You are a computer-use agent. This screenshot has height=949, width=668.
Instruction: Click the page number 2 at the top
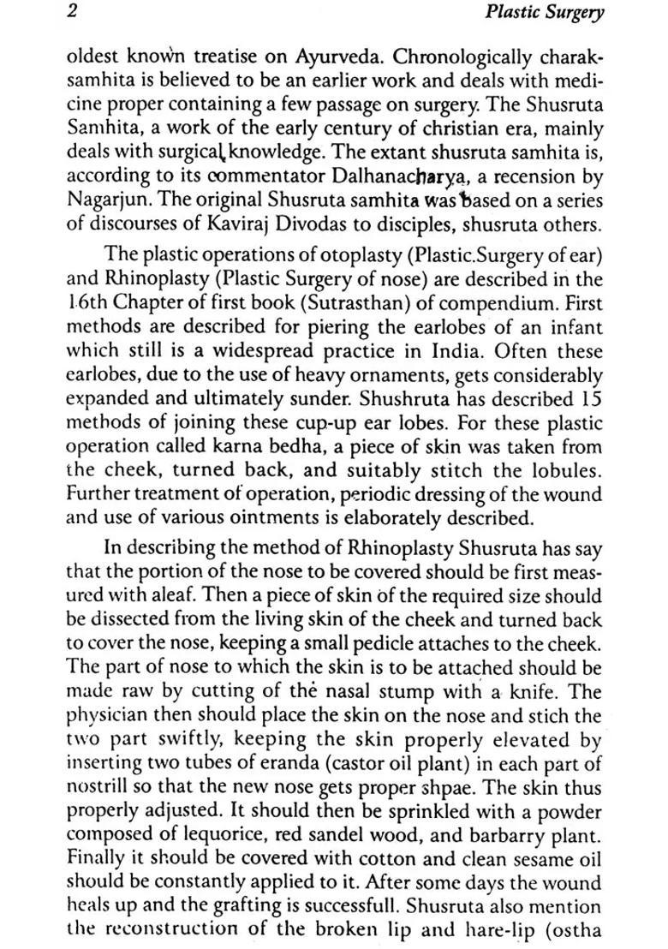point(73,12)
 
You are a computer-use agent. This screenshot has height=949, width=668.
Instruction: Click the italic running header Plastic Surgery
point(544,13)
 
